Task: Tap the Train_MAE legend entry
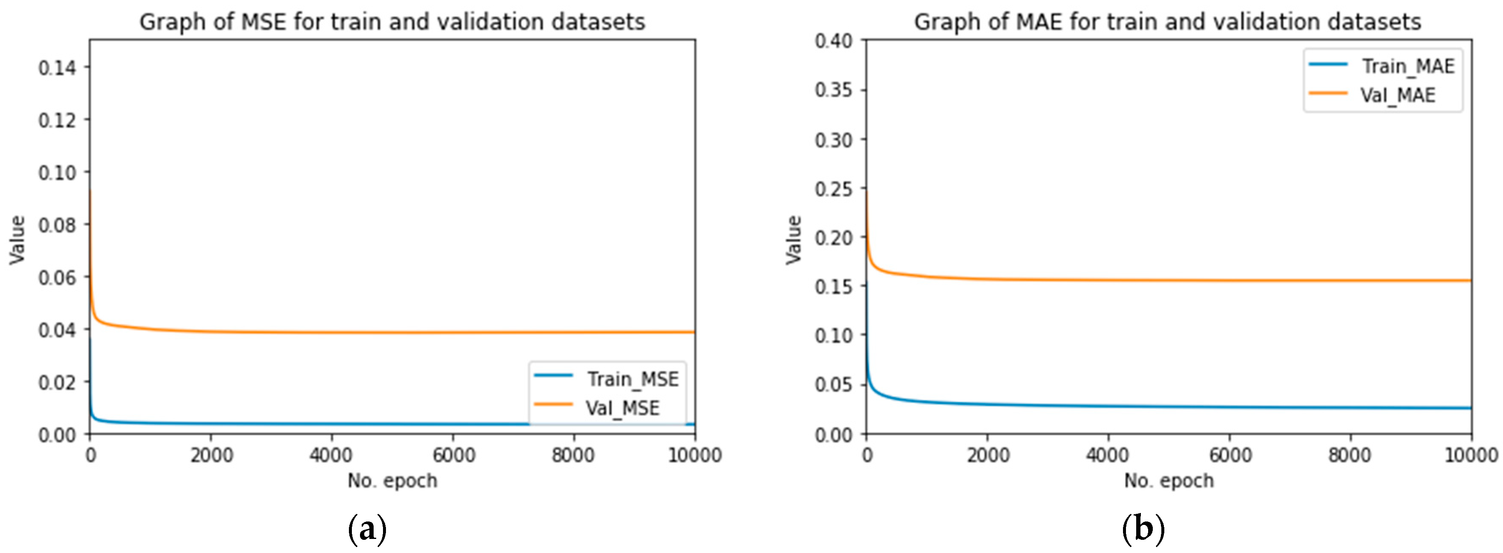tap(1407, 66)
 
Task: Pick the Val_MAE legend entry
tap(1397, 95)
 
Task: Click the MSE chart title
tap(392, 22)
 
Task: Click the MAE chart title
tap(1167, 22)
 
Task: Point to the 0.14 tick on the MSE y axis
tap(57, 68)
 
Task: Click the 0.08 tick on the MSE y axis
tap(57, 225)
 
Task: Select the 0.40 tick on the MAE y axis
tap(833, 41)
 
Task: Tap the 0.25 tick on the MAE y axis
tap(833, 189)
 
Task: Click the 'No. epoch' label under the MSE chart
tap(392, 481)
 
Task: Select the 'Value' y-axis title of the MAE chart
tap(794, 239)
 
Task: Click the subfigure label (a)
tap(367, 530)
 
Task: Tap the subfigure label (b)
tap(1143, 530)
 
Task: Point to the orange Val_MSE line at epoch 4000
tap(332, 332)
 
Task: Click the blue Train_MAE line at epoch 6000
tap(1229, 407)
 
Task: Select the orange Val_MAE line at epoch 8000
tap(1350, 281)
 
